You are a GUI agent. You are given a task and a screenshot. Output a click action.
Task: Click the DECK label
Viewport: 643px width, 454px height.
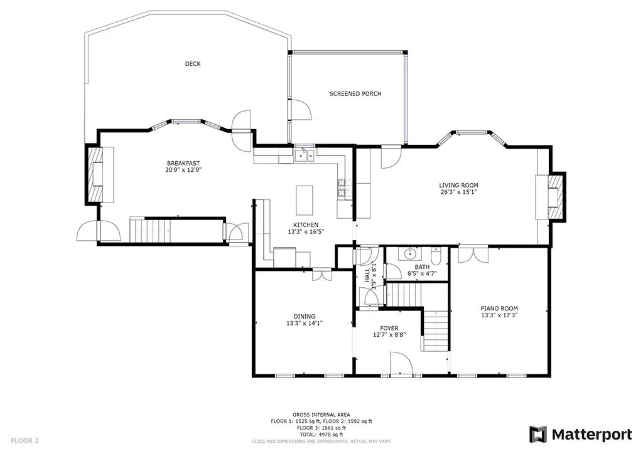pos(193,64)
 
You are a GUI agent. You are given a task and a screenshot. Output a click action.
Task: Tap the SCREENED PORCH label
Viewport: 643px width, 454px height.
pos(355,94)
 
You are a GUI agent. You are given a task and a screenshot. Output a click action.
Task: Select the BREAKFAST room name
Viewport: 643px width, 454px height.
pos(183,163)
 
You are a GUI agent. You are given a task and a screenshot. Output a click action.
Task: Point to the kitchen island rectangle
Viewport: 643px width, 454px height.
pos(305,200)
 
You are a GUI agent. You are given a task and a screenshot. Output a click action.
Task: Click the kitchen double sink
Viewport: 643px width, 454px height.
pos(305,156)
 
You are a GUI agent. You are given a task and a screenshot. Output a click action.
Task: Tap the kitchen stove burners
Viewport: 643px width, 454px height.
pos(342,187)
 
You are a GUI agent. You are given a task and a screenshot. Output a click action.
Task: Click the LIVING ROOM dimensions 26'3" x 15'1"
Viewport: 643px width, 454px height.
pos(459,192)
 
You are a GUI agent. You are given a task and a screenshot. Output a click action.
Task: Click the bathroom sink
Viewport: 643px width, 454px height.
pos(411,254)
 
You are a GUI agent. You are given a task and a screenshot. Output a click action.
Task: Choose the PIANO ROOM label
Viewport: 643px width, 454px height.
pos(499,309)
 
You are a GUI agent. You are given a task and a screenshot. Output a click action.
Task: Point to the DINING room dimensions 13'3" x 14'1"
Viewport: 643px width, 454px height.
pos(305,323)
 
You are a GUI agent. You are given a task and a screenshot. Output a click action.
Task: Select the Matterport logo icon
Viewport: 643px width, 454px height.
pos(538,435)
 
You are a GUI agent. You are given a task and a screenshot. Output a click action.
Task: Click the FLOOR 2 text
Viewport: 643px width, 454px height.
pos(24,441)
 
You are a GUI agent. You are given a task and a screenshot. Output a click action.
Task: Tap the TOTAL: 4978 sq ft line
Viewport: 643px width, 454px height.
pos(321,435)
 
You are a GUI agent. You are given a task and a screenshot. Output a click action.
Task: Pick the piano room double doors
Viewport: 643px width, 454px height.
pos(473,254)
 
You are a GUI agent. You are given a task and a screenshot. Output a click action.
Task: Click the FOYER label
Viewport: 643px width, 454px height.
pos(389,329)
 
